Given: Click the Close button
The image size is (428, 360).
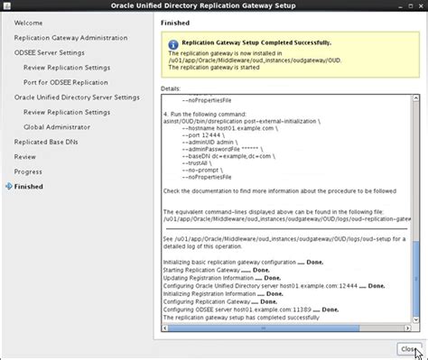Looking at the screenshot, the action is pyautogui.click(x=408, y=348).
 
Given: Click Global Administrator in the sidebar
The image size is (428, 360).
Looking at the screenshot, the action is pyautogui.click(x=61, y=126).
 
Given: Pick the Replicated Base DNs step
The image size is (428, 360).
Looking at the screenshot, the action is pyautogui.click(x=49, y=141).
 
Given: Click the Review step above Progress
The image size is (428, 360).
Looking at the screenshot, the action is pyautogui.click(x=25, y=156).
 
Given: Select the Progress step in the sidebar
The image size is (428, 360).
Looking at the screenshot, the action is pyautogui.click(x=28, y=171).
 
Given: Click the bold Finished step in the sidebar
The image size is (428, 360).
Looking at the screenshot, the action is pyautogui.click(x=28, y=186).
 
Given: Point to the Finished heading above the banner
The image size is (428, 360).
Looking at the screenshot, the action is pyautogui.click(x=175, y=23).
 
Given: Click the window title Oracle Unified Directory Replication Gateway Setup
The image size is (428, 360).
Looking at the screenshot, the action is pyautogui.click(x=214, y=6).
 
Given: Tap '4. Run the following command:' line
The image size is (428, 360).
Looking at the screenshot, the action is pyautogui.click(x=209, y=116).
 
